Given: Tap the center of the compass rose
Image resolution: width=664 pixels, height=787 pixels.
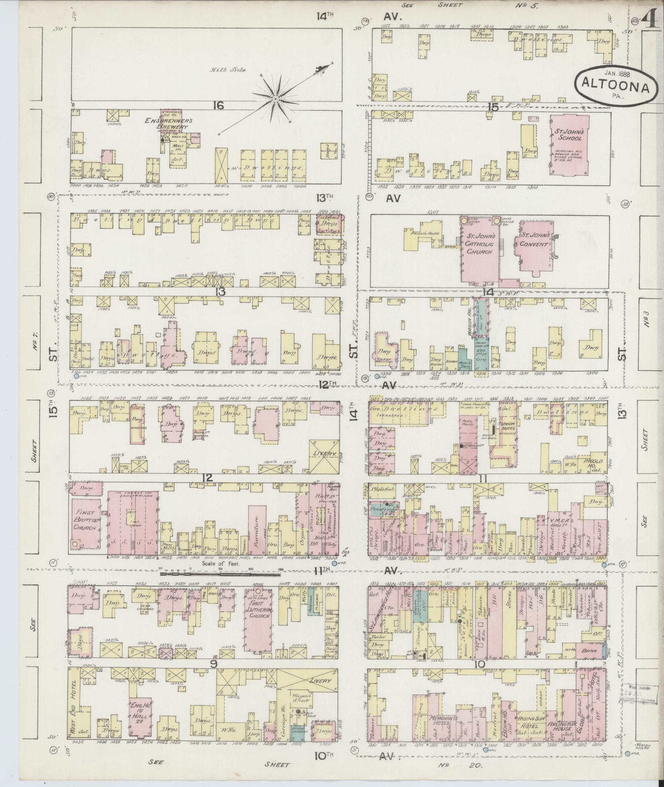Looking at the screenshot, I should pos(275,99).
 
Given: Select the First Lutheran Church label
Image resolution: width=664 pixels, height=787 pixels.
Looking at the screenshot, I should pos(259,612).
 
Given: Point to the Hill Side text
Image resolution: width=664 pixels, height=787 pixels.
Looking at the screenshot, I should pos(233,70).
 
